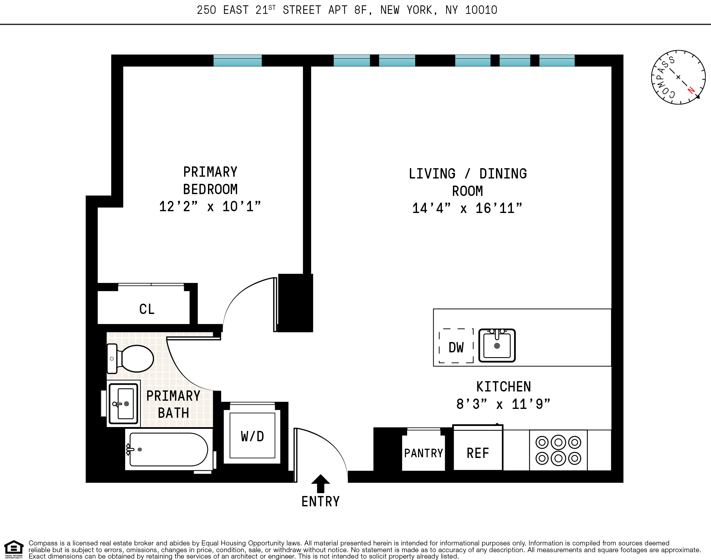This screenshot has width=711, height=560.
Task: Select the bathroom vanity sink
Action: click(x=123, y=404)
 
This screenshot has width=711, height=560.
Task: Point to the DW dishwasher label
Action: click(x=456, y=347)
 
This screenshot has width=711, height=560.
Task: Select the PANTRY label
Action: click(x=423, y=453)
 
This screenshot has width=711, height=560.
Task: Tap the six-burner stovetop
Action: click(x=558, y=450)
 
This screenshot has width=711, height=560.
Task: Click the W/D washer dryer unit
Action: click(x=252, y=436)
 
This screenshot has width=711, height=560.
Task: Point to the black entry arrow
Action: click(x=320, y=483)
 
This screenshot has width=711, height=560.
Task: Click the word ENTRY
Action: click(x=320, y=501)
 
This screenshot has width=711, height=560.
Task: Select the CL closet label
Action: click(x=147, y=309)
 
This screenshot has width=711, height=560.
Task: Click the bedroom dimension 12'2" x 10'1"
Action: click(x=210, y=206)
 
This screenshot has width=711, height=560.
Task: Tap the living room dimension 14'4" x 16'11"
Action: click(x=467, y=208)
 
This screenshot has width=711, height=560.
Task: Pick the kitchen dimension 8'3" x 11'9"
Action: click(x=503, y=404)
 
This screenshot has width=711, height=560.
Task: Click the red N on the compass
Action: click(x=691, y=90)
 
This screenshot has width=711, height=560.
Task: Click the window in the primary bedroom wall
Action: click(x=237, y=61)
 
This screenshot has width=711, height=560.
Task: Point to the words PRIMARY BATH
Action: click(x=173, y=404)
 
